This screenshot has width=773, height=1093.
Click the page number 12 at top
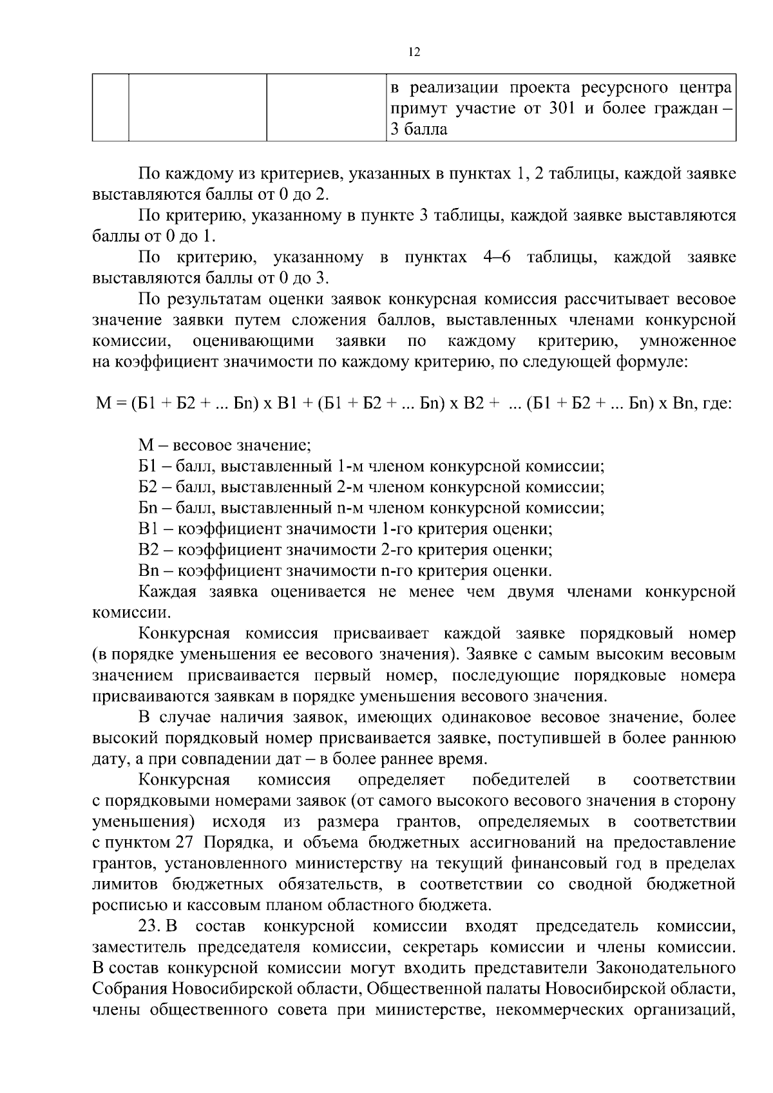[414, 53]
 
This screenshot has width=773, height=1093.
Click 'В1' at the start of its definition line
[148, 529]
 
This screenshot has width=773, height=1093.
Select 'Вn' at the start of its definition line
[148, 571]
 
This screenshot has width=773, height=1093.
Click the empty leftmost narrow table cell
[110, 108]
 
